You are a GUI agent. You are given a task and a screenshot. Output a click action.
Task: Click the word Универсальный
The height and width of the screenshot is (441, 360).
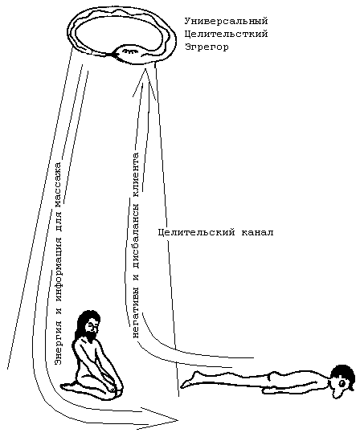point(226,22)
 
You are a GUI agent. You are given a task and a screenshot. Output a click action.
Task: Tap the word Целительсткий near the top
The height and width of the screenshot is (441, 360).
point(226,35)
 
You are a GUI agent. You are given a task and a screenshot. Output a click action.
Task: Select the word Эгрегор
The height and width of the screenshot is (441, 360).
point(207,47)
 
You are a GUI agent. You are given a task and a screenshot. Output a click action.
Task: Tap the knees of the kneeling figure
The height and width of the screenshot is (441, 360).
point(117,387)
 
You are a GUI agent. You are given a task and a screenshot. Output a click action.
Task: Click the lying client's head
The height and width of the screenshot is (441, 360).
point(342,378)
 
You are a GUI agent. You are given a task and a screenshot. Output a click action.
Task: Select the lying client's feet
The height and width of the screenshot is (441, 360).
point(188,382)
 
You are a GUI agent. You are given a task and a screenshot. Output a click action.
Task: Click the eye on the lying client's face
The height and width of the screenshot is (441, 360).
point(342,383)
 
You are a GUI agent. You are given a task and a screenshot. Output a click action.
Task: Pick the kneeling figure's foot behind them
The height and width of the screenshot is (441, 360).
point(69,386)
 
